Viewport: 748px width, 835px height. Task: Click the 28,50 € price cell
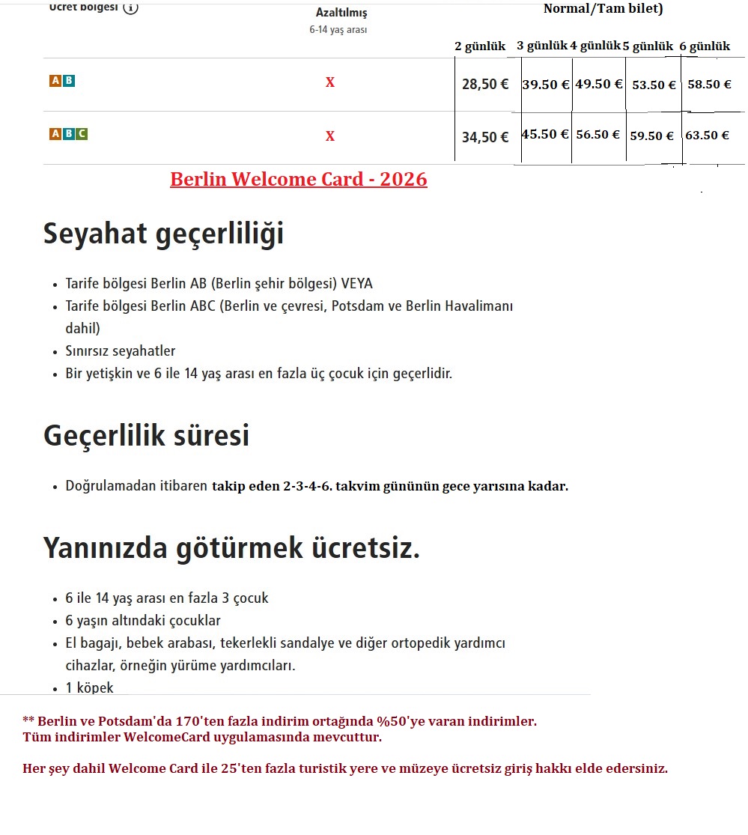click(x=484, y=84)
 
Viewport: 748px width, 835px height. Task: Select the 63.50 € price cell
click(x=707, y=136)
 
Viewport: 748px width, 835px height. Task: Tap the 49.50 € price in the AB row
click(x=598, y=84)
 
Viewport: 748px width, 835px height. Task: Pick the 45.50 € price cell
click(x=545, y=135)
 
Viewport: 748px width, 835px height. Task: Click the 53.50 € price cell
click(x=654, y=85)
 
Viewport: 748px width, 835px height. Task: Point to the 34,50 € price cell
click(x=484, y=137)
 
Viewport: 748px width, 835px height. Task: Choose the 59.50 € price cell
click(x=651, y=136)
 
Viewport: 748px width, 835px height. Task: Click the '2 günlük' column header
click(x=480, y=46)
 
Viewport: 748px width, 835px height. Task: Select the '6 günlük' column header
click(x=705, y=46)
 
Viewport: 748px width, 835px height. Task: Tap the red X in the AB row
click(x=329, y=82)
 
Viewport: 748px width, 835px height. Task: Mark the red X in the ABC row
click(x=329, y=136)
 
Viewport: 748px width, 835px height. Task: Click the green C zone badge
click(x=82, y=134)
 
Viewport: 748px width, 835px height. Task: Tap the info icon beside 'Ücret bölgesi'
click(x=130, y=8)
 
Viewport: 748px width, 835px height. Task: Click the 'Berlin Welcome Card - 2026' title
click(x=299, y=180)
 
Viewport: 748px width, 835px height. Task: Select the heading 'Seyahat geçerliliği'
click(x=163, y=234)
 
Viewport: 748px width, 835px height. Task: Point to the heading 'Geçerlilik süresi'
click(x=146, y=436)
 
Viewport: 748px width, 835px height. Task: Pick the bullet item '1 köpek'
click(x=89, y=687)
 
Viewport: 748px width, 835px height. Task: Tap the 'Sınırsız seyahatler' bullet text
click(x=121, y=350)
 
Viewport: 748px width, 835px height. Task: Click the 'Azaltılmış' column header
click(x=341, y=13)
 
